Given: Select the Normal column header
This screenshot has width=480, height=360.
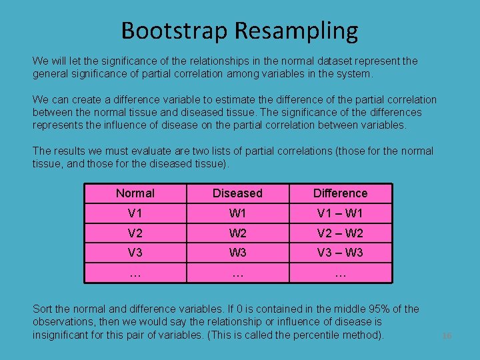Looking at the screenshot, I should tap(135, 193).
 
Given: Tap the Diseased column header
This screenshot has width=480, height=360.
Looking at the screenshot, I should tap(237, 193).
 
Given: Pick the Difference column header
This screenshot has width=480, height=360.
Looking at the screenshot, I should tap(340, 193).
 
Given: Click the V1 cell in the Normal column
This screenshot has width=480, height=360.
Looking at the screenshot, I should tap(135, 213).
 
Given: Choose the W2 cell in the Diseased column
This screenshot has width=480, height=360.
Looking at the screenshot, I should tap(237, 233).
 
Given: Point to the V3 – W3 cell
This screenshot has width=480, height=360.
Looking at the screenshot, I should tap(340, 253).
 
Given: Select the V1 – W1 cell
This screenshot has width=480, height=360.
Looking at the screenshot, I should tap(340, 213).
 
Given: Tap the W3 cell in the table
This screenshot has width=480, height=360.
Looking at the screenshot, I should tap(237, 253).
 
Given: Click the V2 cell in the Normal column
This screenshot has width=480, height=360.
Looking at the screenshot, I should tap(135, 233).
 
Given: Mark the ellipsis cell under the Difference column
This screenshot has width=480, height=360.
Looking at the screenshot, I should tap(340, 272).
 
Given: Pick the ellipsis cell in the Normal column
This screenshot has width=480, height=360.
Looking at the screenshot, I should tap(135, 272).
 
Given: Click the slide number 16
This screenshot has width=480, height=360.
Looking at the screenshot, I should tap(447, 336).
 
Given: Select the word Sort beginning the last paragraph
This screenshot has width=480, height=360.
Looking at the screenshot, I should tap(43, 309).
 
